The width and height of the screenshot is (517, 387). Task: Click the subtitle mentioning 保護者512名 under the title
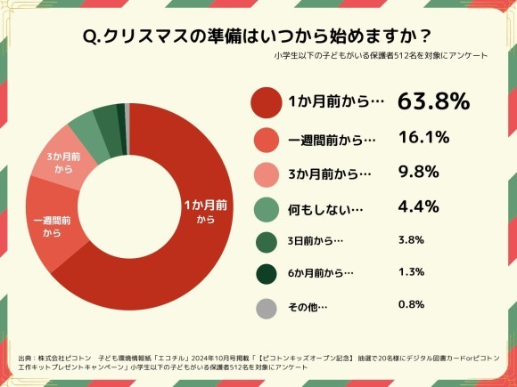(382, 56)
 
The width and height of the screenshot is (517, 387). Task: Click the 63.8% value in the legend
(433, 101)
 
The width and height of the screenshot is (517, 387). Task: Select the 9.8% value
(418, 173)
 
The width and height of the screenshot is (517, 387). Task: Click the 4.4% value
(418, 207)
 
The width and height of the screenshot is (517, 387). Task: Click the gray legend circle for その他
(264, 307)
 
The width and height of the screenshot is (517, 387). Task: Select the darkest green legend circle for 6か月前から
(265, 273)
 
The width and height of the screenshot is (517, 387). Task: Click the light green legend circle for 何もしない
(266, 208)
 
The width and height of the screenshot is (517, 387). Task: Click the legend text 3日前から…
(316, 241)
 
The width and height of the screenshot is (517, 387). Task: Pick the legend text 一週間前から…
(332, 140)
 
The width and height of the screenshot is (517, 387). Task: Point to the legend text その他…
(308, 307)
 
